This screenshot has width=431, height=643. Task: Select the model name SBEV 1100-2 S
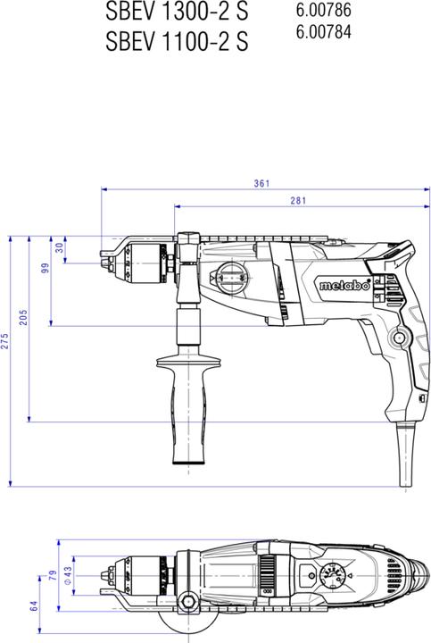point(176,41)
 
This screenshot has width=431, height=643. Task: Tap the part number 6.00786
point(322,11)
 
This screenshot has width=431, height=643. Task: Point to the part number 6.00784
point(322,33)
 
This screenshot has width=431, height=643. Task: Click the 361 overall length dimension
point(261,184)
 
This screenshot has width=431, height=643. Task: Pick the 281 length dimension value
point(298,201)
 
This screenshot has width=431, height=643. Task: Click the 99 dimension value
point(45,270)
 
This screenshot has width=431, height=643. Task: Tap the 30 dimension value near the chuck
point(60,246)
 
